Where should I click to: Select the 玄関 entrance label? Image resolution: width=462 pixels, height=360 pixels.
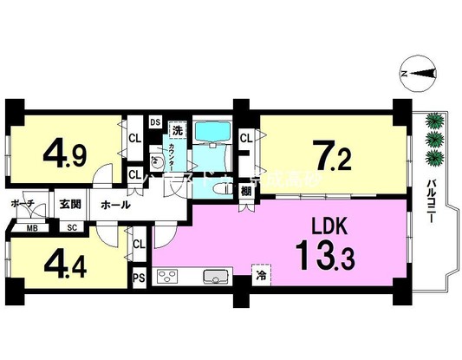(70, 205)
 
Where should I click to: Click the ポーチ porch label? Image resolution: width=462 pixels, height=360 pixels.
(23, 204)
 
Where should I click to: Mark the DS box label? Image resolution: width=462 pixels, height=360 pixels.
(155, 121)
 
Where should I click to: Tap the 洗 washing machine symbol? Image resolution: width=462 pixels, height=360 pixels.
(177, 131)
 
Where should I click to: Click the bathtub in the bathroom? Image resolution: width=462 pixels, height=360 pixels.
(211, 132)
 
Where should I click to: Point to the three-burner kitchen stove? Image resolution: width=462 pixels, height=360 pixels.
(169, 278)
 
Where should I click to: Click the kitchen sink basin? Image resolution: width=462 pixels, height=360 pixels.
(215, 278)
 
